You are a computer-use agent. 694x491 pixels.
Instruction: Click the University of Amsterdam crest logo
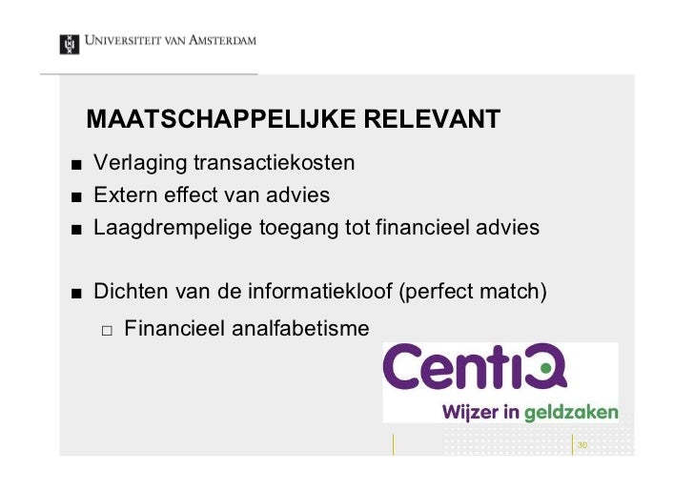tap(69, 44)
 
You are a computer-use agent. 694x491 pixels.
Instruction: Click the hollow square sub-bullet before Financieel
tap(107, 330)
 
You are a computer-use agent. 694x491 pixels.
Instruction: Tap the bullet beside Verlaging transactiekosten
tap(73, 164)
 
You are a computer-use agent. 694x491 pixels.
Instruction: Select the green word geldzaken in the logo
tap(573, 413)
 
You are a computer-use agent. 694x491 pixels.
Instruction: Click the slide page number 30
tap(582, 445)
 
